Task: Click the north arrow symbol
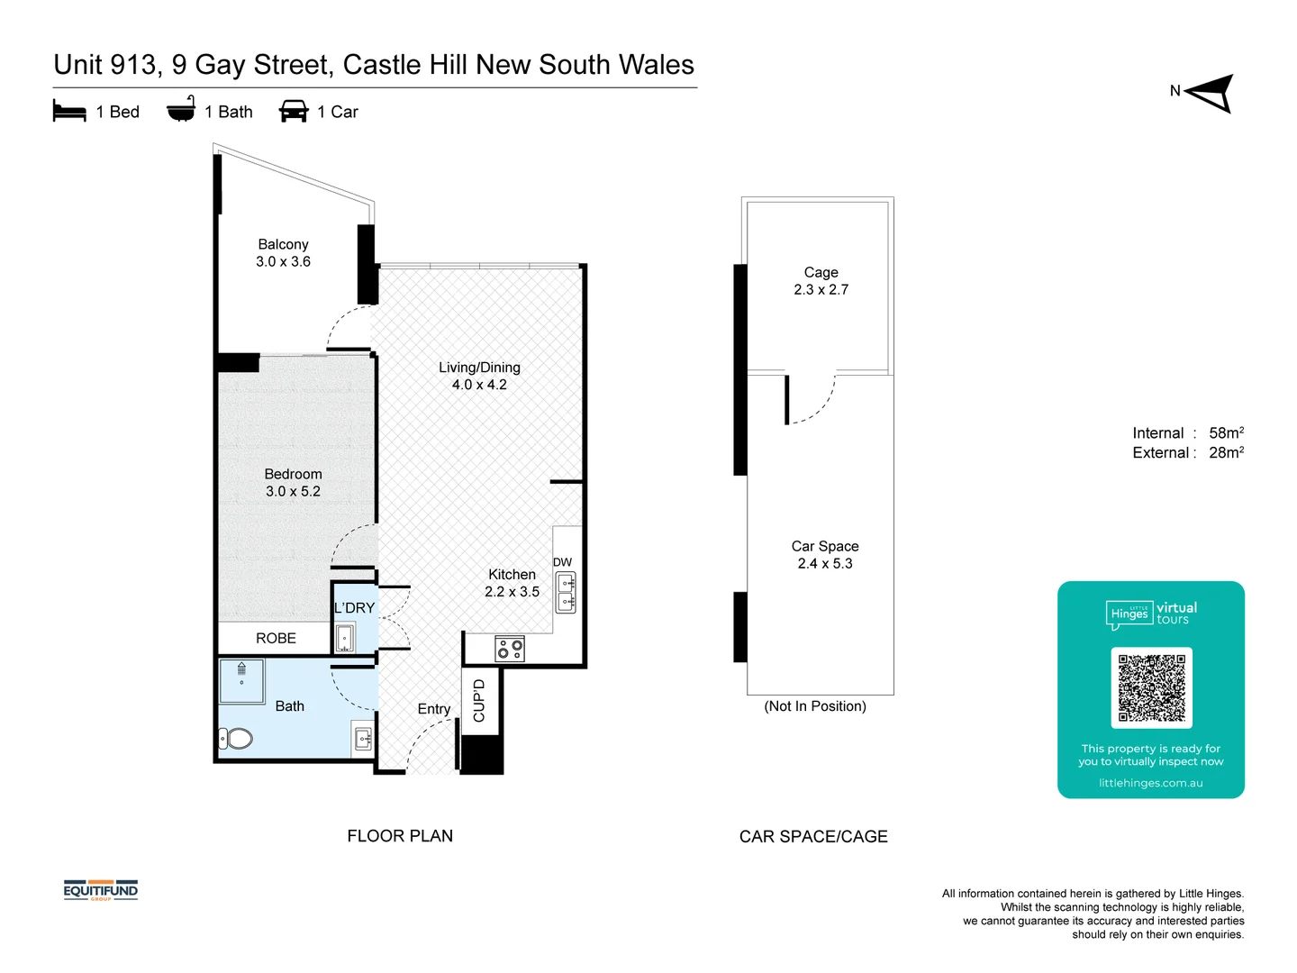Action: tap(1211, 93)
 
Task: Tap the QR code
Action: tap(1151, 687)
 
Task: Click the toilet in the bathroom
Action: tap(236, 739)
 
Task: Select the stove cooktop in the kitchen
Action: tap(510, 649)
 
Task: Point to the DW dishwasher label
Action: tap(562, 562)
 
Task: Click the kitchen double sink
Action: tap(566, 592)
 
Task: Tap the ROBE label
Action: tap(276, 638)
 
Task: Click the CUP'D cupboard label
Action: tap(479, 701)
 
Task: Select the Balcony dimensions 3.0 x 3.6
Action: tap(283, 261)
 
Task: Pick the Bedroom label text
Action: tap(293, 474)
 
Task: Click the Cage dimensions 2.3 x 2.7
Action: tap(821, 289)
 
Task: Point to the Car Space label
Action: tap(825, 546)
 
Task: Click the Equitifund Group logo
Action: tap(101, 891)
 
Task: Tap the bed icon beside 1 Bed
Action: tap(69, 112)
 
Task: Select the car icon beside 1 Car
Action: tap(294, 112)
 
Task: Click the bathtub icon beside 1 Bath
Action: tap(181, 110)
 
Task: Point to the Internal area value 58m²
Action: tap(1226, 432)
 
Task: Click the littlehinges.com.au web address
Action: tap(1150, 783)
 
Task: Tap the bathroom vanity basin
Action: tap(363, 739)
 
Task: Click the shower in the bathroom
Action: tap(241, 681)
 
